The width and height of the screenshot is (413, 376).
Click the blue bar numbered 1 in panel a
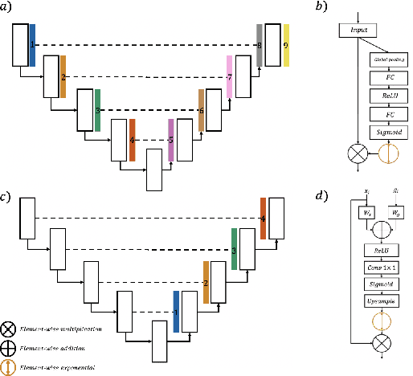tap(32, 45)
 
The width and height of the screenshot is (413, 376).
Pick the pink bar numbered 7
tap(230, 76)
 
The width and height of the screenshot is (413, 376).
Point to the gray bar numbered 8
tap(260, 45)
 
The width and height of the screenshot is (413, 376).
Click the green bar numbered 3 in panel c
tap(234, 248)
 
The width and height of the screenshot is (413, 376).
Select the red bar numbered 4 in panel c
tap(263, 218)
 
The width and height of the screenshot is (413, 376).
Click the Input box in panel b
tap(358, 31)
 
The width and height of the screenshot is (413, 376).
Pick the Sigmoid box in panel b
tap(388, 130)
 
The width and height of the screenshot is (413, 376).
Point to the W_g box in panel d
tap(395, 213)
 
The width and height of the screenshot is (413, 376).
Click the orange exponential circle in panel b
tap(388, 152)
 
